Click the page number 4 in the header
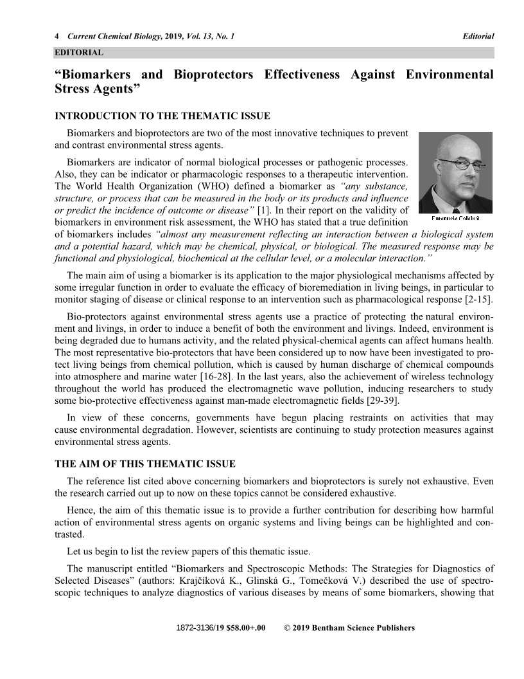click(57, 37)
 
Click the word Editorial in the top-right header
click(478, 37)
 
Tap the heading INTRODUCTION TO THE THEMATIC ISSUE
click(162, 116)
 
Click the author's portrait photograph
click(455, 172)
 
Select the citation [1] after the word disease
click(265, 210)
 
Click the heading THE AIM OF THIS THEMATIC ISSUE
click(145, 464)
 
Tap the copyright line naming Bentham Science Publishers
click(349, 628)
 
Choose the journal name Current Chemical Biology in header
click(113, 37)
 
